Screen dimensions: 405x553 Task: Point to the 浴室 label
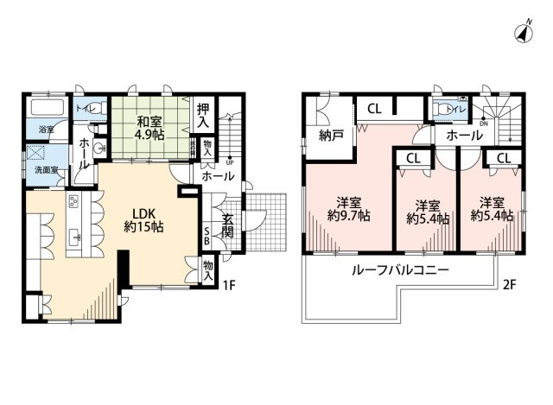click(43, 130)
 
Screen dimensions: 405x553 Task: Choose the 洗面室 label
click(47, 170)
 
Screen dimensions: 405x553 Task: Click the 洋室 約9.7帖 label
click(347, 210)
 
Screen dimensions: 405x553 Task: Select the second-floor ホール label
click(465, 136)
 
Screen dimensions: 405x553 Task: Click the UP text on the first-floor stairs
click(228, 161)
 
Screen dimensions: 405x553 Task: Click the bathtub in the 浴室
click(47, 110)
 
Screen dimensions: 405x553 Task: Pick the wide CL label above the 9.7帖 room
click(373, 109)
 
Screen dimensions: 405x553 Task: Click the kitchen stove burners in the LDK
click(73, 205)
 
